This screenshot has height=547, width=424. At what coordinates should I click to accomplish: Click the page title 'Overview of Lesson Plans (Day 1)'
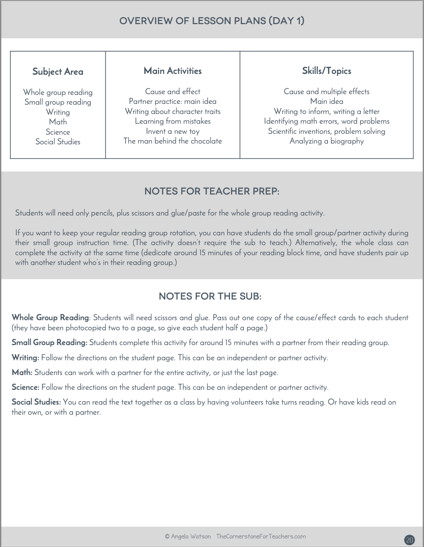(x=212, y=21)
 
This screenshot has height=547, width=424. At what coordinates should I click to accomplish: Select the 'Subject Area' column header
(x=58, y=72)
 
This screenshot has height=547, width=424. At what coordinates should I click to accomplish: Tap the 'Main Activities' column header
(x=173, y=71)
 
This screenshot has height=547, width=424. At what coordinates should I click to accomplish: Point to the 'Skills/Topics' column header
(x=326, y=71)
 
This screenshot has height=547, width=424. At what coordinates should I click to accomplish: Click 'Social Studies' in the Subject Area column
(x=58, y=142)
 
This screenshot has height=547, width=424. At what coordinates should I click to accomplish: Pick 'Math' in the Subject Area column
(x=58, y=122)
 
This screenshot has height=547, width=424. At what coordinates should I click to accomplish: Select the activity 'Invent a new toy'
(x=173, y=131)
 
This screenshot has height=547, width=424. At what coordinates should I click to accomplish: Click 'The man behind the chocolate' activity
(x=173, y=141)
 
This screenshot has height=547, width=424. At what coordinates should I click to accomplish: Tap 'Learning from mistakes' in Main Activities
(x=173, y=121)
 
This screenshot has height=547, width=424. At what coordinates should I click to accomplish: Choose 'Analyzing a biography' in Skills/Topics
(x=326, y=141)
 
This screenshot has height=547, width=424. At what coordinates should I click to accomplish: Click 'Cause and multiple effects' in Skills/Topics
(x=326, y=91)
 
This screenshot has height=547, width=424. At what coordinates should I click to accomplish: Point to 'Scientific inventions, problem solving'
(x=326, y=131)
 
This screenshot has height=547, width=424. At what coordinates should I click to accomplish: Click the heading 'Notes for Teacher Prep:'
(x=212, y=191)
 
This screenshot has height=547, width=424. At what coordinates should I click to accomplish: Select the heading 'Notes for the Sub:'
(x=210, y=296)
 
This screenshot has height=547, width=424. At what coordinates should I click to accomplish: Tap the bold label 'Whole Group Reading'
(x=50, y=317)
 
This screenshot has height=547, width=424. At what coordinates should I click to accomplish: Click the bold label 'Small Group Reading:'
(x=49, y=342)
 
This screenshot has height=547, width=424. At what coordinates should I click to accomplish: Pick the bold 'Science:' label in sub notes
(x=26, y=387)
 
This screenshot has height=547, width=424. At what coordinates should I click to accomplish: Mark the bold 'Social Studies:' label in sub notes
(x=36, y=402)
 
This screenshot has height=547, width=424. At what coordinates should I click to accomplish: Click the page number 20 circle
(x=409, y=540)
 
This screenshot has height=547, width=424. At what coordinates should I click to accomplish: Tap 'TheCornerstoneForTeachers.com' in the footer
(x=261, y=536)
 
